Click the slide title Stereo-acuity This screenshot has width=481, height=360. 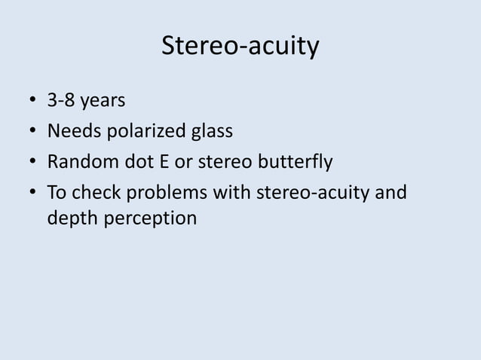[240, 47]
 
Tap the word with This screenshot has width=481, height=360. [234, 192]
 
